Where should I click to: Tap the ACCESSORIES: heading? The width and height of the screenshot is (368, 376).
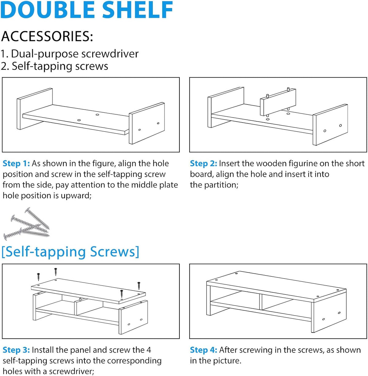pos(47,36)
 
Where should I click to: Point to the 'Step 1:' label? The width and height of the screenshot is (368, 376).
pos(16,164)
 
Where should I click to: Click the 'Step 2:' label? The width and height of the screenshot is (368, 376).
pos(203,164)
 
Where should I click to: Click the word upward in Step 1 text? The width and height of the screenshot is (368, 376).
pos(76,196)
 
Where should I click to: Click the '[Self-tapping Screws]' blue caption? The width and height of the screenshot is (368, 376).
pos(70,252)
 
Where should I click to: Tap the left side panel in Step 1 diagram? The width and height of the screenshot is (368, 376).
pos(35,109)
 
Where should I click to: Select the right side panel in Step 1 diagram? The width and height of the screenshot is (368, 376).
pos(147,123)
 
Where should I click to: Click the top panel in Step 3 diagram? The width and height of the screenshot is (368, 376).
pos(88,289)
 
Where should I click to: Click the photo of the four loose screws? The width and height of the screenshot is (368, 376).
pos(26,224)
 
